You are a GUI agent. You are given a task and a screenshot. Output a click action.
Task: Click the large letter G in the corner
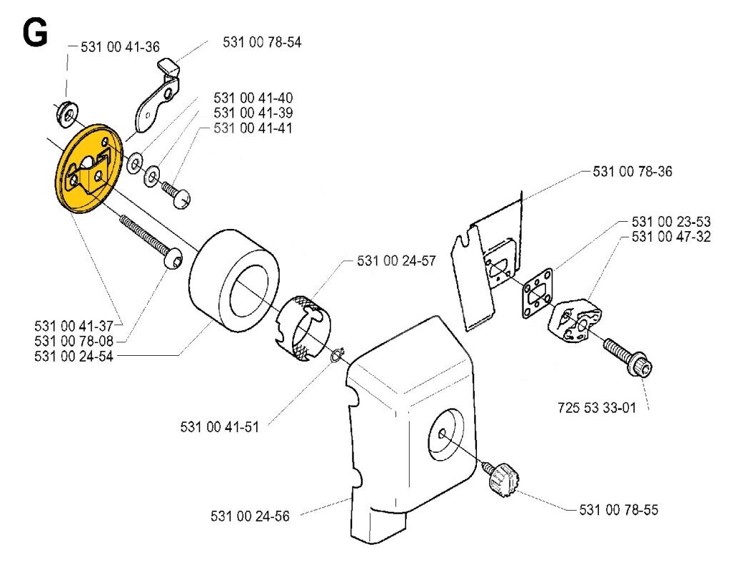coord(36,32)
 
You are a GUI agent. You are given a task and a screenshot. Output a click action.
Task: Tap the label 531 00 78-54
coord(262,43)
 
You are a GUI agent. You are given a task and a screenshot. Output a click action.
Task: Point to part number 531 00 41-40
coord(253,98)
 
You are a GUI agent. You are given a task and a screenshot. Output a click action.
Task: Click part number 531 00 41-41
coord(253,128)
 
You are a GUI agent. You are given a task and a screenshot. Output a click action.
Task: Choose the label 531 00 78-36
coord(632,172)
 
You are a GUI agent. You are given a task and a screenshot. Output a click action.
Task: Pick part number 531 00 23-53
coord(671,222)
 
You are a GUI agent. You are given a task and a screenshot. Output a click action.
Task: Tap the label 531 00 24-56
coord(251,516)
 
